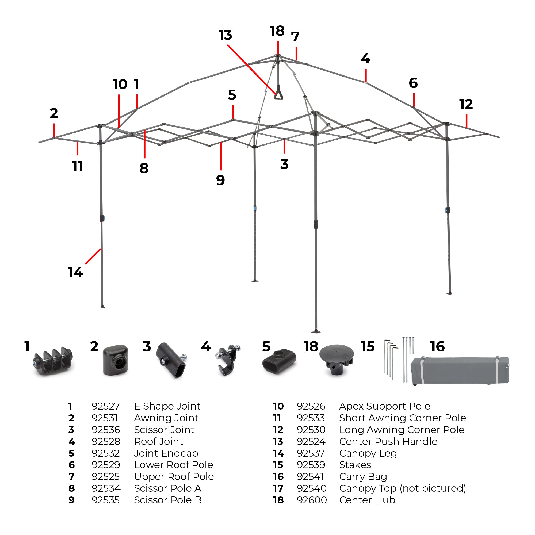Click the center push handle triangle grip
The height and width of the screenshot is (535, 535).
278,95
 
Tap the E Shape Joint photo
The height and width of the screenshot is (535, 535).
53,361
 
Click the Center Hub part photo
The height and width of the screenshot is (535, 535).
337,359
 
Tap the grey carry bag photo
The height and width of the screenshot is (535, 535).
460,370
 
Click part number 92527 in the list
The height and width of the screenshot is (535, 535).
105,406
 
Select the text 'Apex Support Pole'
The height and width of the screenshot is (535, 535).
385,406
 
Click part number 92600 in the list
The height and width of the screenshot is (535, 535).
312,500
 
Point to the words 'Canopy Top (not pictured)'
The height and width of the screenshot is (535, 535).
403,488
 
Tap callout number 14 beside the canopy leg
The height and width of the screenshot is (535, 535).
76,273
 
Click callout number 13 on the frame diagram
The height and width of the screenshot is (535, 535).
225,35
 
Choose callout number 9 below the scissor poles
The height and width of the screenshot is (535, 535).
220,180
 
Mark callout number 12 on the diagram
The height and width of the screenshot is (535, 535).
466,104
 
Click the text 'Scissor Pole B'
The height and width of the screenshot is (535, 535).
168,500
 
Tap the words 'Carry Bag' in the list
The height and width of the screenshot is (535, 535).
363,477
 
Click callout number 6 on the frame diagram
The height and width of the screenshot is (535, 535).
413,83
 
